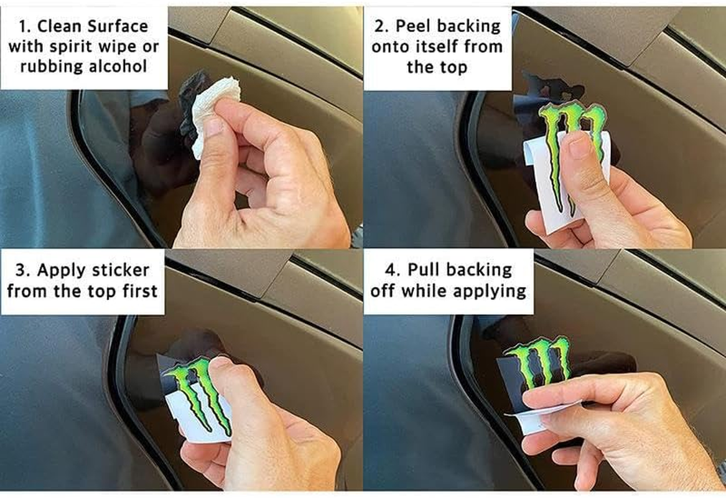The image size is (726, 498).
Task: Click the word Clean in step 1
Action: [59, 26]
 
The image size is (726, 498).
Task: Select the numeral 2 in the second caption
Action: [379, 26]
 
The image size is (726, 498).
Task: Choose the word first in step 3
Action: [140, 291]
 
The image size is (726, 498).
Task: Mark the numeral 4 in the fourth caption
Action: [390, 270]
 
